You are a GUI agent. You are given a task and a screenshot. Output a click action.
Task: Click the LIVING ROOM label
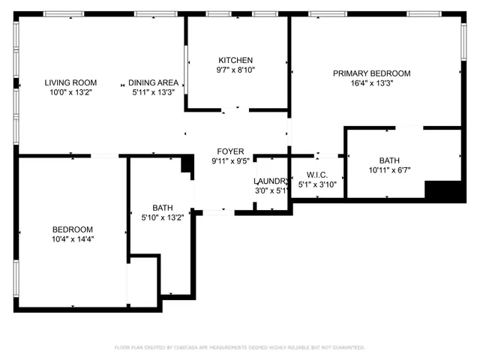coord(70,83)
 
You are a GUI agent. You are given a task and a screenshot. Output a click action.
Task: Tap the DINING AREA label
coord(153,83)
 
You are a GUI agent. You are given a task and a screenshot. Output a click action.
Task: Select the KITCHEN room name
coord(235,60)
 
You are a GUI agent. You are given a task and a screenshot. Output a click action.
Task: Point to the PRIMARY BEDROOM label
coord(372,73)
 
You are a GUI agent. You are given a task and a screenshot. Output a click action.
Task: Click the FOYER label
coord(230,151)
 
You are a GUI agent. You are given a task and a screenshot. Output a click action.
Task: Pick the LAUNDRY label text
coord(270,181)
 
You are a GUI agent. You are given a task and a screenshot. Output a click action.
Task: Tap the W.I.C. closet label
coord(317,175)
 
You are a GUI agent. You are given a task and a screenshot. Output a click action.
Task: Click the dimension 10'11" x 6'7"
coord(389,170)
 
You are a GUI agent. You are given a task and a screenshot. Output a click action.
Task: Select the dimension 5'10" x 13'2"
coord(163,217)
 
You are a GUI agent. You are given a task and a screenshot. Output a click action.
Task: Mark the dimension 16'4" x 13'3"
coord(372,83)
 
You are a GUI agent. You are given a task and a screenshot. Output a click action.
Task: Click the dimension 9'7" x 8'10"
coord(235,70)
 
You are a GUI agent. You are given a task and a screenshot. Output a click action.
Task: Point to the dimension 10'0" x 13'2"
coord(70,93)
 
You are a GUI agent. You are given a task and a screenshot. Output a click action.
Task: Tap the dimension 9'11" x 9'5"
coord(230,160)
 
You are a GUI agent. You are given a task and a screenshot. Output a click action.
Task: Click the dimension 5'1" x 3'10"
coord(317,184)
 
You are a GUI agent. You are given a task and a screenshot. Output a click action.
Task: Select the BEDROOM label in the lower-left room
coord(73,229)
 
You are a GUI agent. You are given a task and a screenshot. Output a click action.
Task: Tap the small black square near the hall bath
coord(187,166)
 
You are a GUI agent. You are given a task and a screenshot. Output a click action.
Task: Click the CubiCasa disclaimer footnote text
coord(239,347)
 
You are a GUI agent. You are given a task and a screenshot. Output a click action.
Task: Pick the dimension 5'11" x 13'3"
coord(153,93)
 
